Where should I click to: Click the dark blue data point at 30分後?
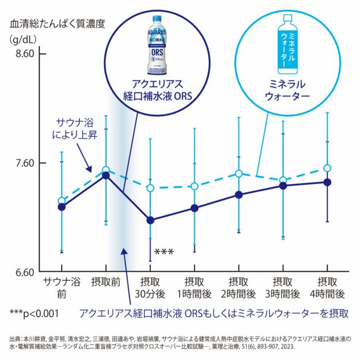tap(150, 220)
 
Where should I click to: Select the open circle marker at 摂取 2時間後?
tap(238, 173)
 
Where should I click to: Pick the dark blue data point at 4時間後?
tap(328, 182)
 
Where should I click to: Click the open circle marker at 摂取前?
tap(106, 171)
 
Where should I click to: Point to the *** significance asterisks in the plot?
tap(163, 252)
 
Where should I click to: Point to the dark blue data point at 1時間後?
tap(194, 208)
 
